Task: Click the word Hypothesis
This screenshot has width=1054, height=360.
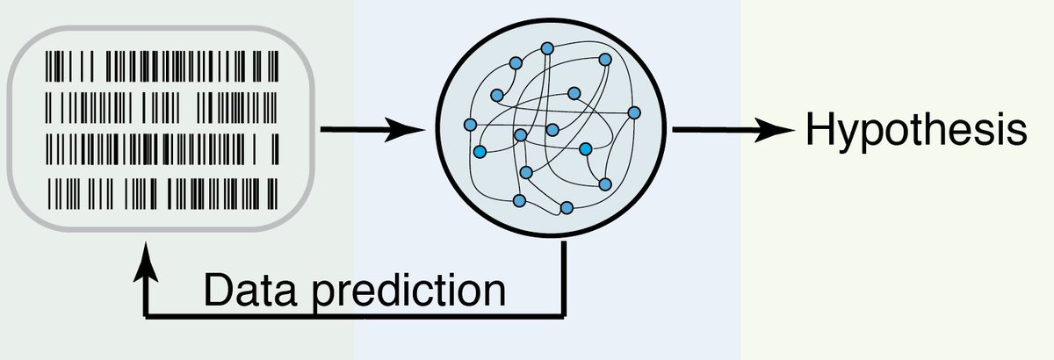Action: pyautogui.click(x=914, y=132)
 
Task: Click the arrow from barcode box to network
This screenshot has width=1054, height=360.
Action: pyautogui.click(x=369, y=131)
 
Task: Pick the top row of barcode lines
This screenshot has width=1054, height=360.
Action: pyautogui.click(x=163, y=67)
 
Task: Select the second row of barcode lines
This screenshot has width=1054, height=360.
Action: pyautogui.click(x=163, y=105)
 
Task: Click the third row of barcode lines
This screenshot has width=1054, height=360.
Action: pyautogui.click(x=163, y=147)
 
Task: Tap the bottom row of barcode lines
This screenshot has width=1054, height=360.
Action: pyautogui.click(x=163, y=188)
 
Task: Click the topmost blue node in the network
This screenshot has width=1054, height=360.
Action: pyautogui.click(x=546, y=47)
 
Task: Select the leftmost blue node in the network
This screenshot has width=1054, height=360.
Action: pyautogui.click(x=470, y=124)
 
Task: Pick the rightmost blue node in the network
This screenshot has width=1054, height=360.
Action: pyautogui.click(x=634, y=112)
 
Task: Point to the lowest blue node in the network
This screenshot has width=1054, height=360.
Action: pyautogui.click(x=567, y=208)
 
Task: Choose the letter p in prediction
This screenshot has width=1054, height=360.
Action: pyautogui.click(x=321, y=295)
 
